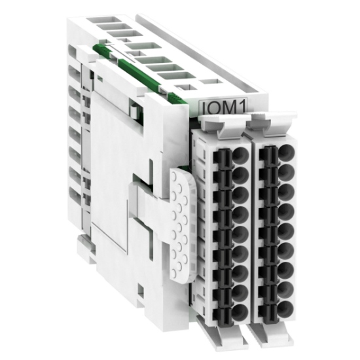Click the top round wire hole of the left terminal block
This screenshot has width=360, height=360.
(x=240, y=154)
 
